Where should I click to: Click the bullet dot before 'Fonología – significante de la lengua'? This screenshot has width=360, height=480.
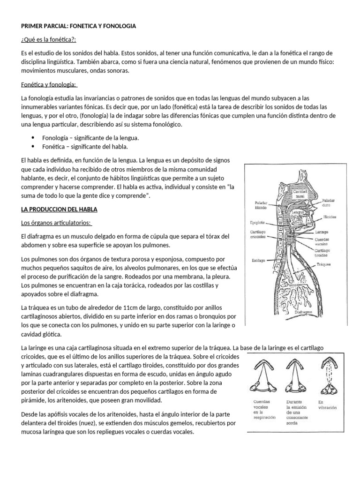pos(33,138)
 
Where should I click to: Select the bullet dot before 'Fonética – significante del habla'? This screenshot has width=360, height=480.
pos(33,147)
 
